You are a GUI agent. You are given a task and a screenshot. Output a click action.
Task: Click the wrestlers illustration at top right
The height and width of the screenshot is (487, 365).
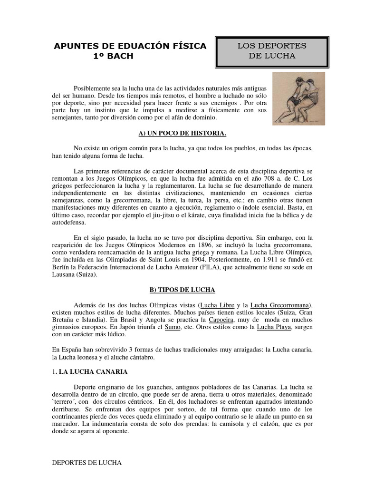(298, 98)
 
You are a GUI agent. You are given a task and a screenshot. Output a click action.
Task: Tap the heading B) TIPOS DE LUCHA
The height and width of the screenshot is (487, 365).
(182, 290)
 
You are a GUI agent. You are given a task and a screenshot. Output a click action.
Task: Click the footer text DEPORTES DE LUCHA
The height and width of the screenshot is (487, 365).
(86, 462)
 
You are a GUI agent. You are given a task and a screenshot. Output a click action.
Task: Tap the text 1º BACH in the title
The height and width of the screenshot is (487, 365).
(110, 56)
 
